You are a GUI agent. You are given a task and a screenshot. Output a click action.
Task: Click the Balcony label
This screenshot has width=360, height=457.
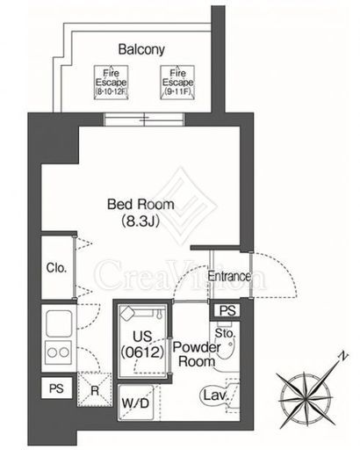point(141,50)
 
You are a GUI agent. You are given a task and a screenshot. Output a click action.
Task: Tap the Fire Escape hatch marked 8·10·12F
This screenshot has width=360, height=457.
point(112,83)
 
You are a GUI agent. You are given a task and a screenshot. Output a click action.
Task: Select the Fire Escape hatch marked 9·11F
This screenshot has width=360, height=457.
point(177,83)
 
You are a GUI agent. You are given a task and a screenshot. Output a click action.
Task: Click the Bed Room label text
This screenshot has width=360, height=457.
point(140,204)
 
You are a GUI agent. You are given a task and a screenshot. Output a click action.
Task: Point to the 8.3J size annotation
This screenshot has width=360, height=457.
point(140,221)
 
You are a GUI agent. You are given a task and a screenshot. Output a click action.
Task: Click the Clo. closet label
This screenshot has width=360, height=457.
point(56,267)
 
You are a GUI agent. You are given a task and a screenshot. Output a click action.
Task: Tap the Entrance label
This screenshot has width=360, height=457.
point(229,276)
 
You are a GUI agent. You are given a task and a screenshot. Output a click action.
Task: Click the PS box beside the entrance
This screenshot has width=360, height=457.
point(227,310)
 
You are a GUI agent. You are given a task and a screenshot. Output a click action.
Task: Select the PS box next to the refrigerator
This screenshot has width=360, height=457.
point(56,388)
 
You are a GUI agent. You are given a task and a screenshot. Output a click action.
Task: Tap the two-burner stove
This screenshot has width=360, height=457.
point(59,352)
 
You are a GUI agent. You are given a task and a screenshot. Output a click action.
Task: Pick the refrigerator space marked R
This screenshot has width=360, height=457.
point(94,389)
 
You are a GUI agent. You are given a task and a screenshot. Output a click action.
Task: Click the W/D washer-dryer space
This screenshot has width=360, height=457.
point(135,403)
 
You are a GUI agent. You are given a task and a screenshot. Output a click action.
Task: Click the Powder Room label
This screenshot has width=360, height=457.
point(197,354)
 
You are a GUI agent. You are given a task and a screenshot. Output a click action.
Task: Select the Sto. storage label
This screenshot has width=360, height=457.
point(225,333)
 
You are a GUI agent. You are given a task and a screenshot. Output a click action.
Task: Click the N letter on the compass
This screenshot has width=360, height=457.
point(343,356)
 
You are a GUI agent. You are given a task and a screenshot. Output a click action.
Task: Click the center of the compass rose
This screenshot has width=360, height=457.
point(306,399)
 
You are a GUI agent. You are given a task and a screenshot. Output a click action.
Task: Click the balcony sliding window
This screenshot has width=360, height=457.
point(144,120)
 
